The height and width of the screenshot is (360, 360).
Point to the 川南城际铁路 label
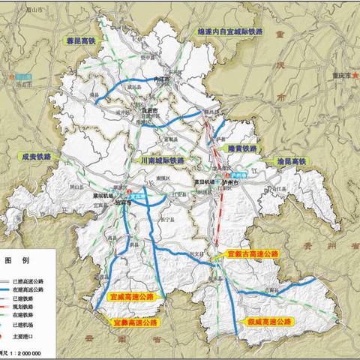161,160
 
